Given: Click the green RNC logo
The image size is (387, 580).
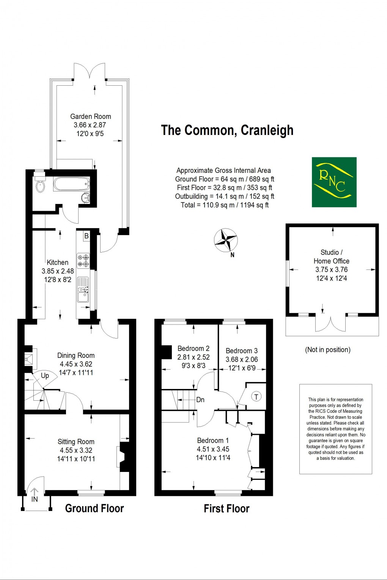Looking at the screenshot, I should click(x=334, y=182).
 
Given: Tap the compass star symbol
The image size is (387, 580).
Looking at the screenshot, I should click(x=226, y=240).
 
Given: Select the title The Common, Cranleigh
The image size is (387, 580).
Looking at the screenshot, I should click(x=227, y=130).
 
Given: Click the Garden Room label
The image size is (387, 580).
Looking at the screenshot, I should click(x=91, y=116).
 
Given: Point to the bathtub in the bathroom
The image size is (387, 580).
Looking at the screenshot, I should click(x=72, y=184).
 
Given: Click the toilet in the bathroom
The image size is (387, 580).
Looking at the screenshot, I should click(x=39, y=185).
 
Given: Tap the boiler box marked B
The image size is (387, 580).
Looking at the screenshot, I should click(x=87, y=236).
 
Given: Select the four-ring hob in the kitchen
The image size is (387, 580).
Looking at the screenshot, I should click(x=83, y=260).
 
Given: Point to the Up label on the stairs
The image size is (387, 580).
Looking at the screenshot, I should click(x=45, y=376).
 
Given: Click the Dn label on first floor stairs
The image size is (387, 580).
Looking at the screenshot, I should click(x=200, y=400).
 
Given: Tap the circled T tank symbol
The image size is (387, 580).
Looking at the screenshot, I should click(x=256, y=397).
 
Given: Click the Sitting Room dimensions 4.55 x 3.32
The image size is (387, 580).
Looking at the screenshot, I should click(x=76, y=450).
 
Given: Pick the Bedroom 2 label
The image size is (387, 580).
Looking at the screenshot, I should click(x=193, y=348).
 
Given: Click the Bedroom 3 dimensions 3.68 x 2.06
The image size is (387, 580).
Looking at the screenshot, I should click(x=242, y=359).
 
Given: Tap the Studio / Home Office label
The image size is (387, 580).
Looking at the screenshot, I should click(x=331, y=257).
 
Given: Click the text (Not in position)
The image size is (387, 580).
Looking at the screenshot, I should click(x=328, y=350).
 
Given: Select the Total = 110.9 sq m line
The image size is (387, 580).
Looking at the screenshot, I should click(x=225, y=205).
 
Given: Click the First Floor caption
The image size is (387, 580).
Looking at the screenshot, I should click(x=227, y=509).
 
